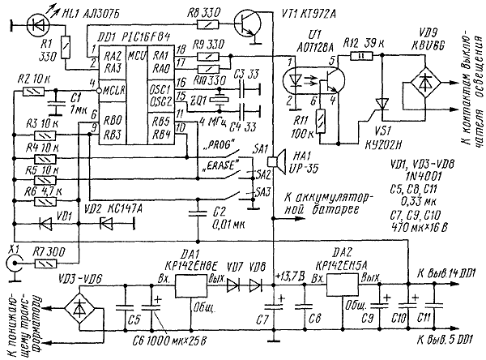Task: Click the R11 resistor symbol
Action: (x=321, y=122)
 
